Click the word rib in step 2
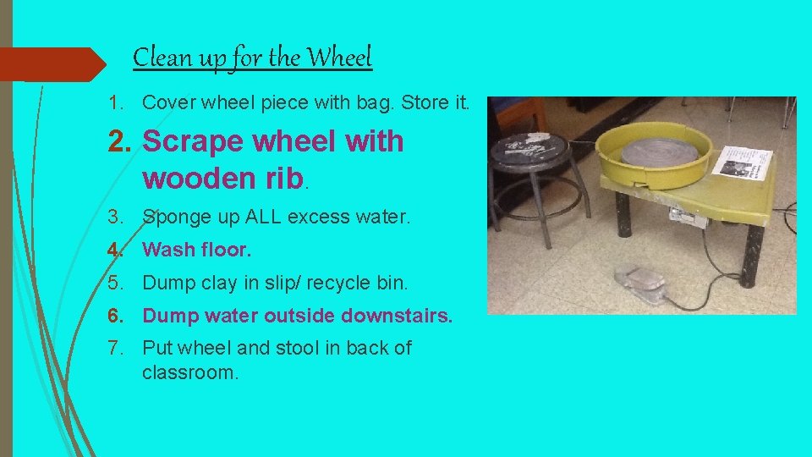tap(282, 179)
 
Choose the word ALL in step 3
tap(265, 217)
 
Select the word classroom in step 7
tap(190, 372)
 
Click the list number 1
tap(116, 103)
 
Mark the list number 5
tap(116, 283)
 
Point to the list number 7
tap(116, 348)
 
